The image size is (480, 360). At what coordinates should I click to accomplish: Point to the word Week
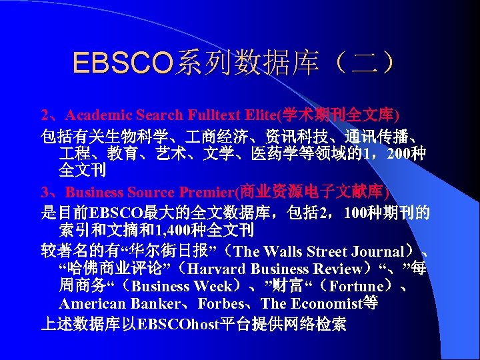214,287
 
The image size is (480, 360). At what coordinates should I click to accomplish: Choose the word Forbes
225,304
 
